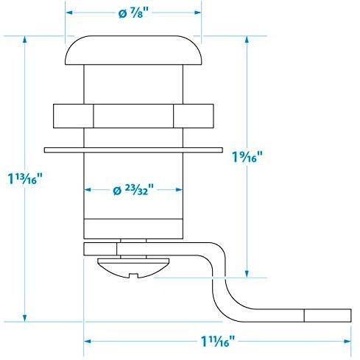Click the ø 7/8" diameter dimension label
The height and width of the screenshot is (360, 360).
coord(134,13)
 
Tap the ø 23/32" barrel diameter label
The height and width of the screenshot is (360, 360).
coord(133,189)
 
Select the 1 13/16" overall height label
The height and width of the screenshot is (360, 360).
coord(25,178)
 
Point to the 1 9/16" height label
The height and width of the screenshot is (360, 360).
coord(247,156)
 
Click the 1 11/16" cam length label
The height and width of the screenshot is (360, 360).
coord(218,341)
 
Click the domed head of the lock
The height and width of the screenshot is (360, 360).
coord(133,50)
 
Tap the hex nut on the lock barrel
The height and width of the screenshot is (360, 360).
coord(133,116)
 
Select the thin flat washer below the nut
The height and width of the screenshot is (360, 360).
coord(133,150)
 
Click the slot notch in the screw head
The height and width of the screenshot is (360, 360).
coord(133,275)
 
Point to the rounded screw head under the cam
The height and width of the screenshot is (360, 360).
coord(133,268)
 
